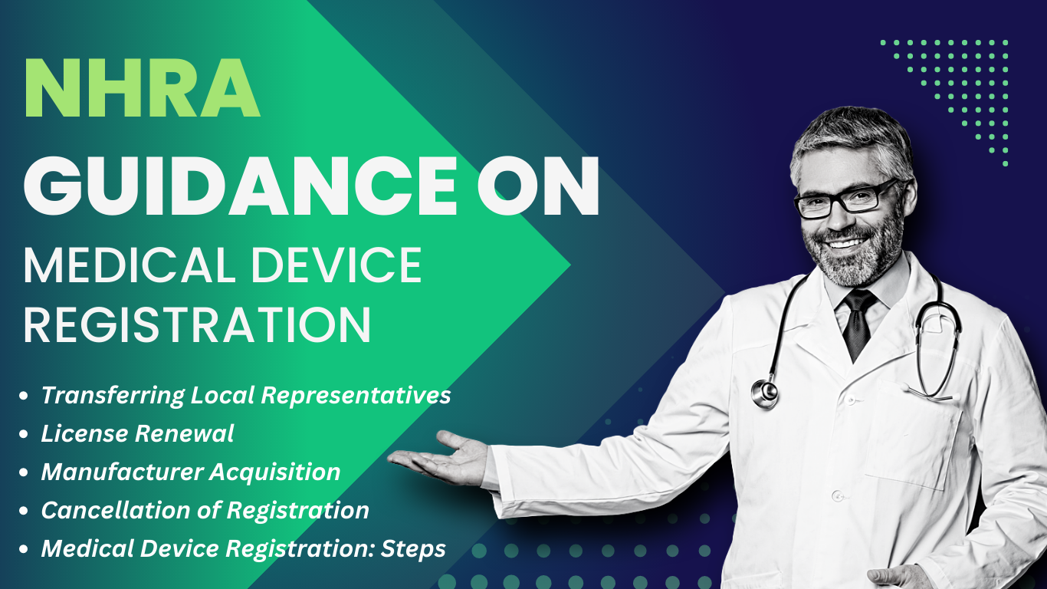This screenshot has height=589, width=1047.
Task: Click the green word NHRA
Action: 142,87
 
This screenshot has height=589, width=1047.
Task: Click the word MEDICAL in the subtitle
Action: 130,265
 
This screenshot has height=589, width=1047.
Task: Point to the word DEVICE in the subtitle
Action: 336,265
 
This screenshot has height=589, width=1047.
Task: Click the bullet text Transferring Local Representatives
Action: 246,396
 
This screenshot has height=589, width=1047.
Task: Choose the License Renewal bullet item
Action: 137,433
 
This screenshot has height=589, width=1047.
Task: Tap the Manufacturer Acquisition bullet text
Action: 191,472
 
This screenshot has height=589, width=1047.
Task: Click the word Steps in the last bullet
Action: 413,549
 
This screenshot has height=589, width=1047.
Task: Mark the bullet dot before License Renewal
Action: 23,434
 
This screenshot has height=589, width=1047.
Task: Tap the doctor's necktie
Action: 858,324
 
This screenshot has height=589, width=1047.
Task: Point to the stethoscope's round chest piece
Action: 765,393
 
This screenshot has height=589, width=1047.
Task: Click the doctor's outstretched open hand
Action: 441,459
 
